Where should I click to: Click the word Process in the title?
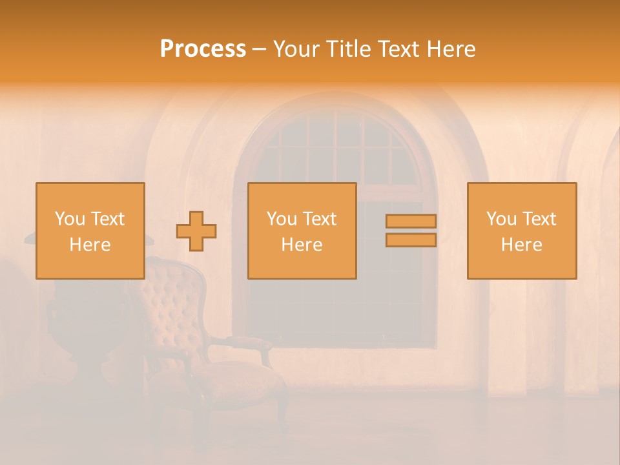203,49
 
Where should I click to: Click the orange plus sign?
196,231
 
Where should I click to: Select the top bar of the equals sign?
411,221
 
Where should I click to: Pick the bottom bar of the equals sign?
411,240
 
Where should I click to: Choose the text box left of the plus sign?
90,231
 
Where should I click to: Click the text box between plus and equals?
302,231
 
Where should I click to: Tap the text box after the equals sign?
521,231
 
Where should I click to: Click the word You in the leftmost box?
70,219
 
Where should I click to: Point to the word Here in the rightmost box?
521,244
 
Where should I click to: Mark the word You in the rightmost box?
501,219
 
